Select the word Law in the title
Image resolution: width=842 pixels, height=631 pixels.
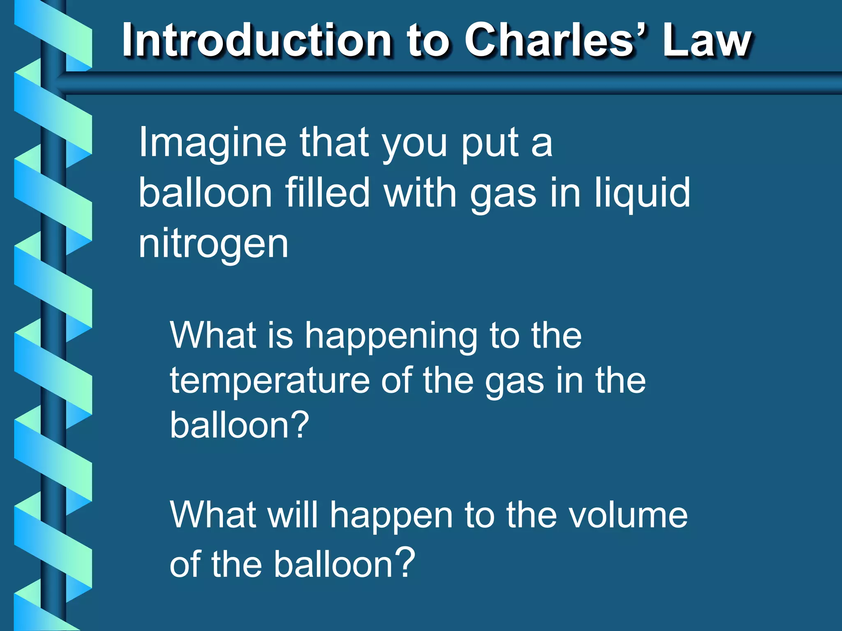(707, 40)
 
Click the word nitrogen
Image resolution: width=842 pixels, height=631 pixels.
(213, 245)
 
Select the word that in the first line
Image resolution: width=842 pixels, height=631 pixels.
(334, 142)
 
